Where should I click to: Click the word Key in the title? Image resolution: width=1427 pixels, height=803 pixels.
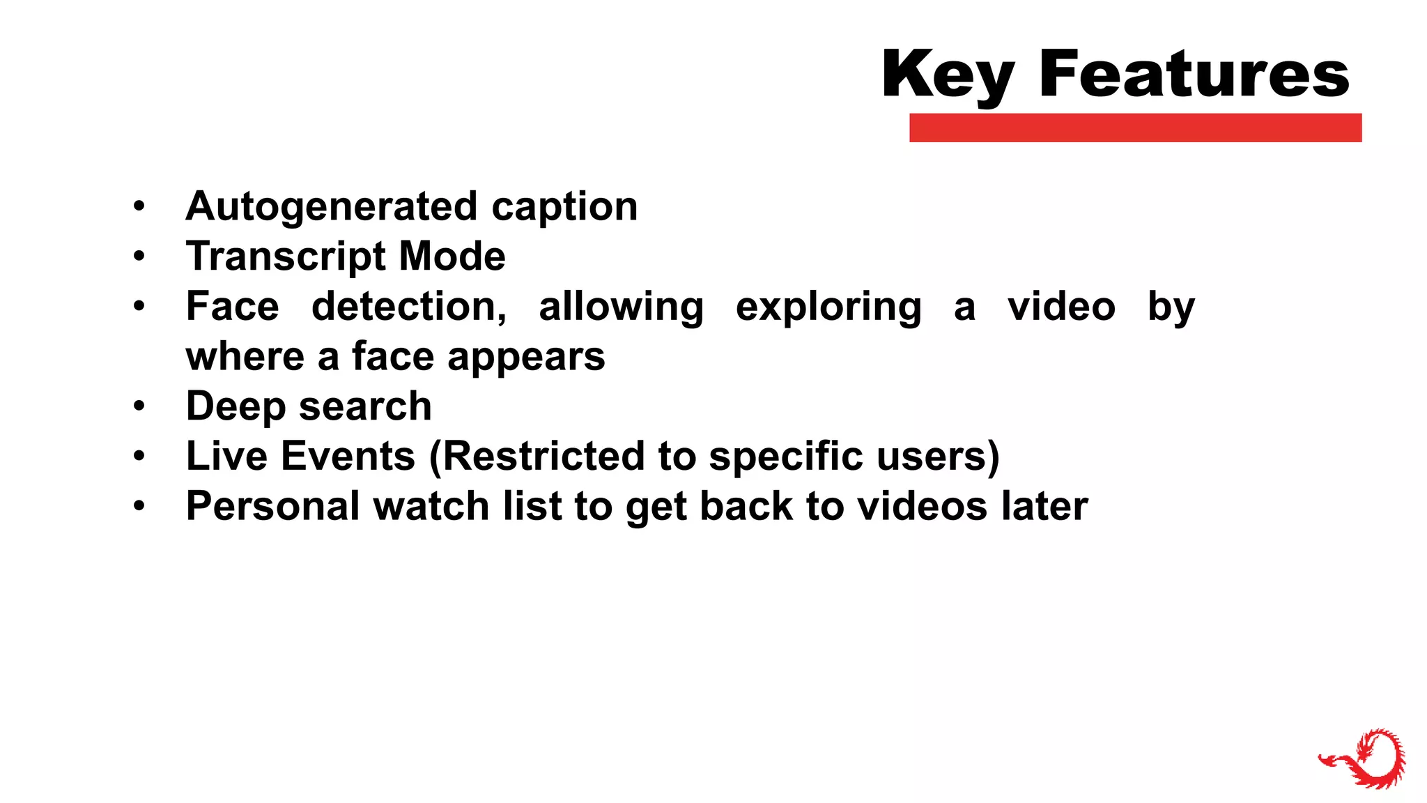948,75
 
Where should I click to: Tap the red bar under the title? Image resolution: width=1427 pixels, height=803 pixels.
1135,128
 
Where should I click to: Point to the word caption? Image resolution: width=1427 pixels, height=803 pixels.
564,207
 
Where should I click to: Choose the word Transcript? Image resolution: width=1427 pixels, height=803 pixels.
286,257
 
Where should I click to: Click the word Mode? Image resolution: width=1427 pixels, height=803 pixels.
452,257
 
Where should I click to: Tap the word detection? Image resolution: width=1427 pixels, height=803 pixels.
409,307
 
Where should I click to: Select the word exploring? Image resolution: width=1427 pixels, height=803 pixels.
828,307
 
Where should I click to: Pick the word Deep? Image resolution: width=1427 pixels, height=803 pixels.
236,406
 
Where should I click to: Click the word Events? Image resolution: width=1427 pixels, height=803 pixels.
348,457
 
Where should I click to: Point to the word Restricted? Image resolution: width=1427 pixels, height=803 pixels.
543,457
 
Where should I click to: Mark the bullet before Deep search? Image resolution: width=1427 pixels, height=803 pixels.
139,406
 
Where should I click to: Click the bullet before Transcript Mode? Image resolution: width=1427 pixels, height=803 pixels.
139,257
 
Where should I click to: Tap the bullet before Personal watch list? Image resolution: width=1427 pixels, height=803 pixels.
139,506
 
